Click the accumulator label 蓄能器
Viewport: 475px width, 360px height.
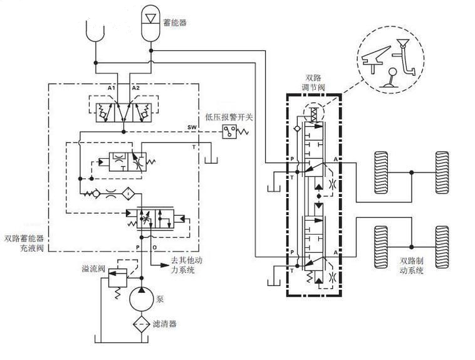pos(175,23)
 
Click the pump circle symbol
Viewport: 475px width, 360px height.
pos(142,299)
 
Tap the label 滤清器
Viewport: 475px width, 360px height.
pos(164,324)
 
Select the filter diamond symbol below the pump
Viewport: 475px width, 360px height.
pos(142,324)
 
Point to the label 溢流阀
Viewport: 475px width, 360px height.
pos(93,268)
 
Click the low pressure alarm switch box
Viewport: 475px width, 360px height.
pos(229,132)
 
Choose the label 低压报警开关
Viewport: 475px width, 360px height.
pos(229,117)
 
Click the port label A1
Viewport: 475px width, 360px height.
pos(112,88)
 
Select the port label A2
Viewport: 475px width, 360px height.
pos(136,88)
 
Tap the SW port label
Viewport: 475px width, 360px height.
pos(192,127)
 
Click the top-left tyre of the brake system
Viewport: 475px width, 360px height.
pos(381,172)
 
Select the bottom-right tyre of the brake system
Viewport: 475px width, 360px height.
pos(442,247)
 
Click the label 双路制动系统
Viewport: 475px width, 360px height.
pos(411,265)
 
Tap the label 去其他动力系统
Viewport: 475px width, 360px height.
pos(186,265)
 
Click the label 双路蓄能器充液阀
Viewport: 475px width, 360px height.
pos(24,243)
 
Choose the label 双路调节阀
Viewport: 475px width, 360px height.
pos(313,83)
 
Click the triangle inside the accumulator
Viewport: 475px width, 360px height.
pos(150,18)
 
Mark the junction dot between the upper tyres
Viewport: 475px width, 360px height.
pos(411,172)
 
